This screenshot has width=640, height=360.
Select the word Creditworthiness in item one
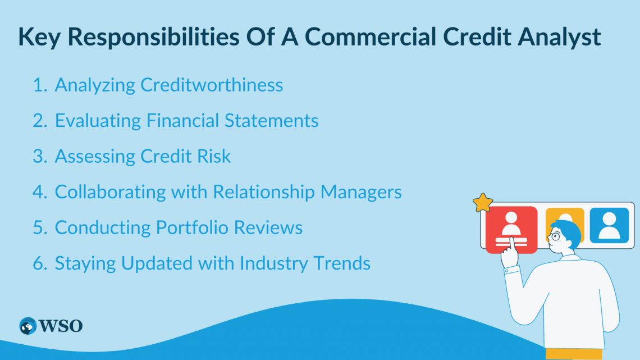click(212, 85)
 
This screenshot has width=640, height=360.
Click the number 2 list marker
click(38, 121)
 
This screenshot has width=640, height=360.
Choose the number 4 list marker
click(38, 193)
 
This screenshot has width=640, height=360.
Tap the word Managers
click(361, 193)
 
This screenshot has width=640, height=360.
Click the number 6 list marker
click(38, 264)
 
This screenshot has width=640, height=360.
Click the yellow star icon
click(482, 203)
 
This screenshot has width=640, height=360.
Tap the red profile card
click(511, 227)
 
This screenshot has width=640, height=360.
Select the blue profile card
click(609, 225)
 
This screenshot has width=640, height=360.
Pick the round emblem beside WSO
click(28, 326)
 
